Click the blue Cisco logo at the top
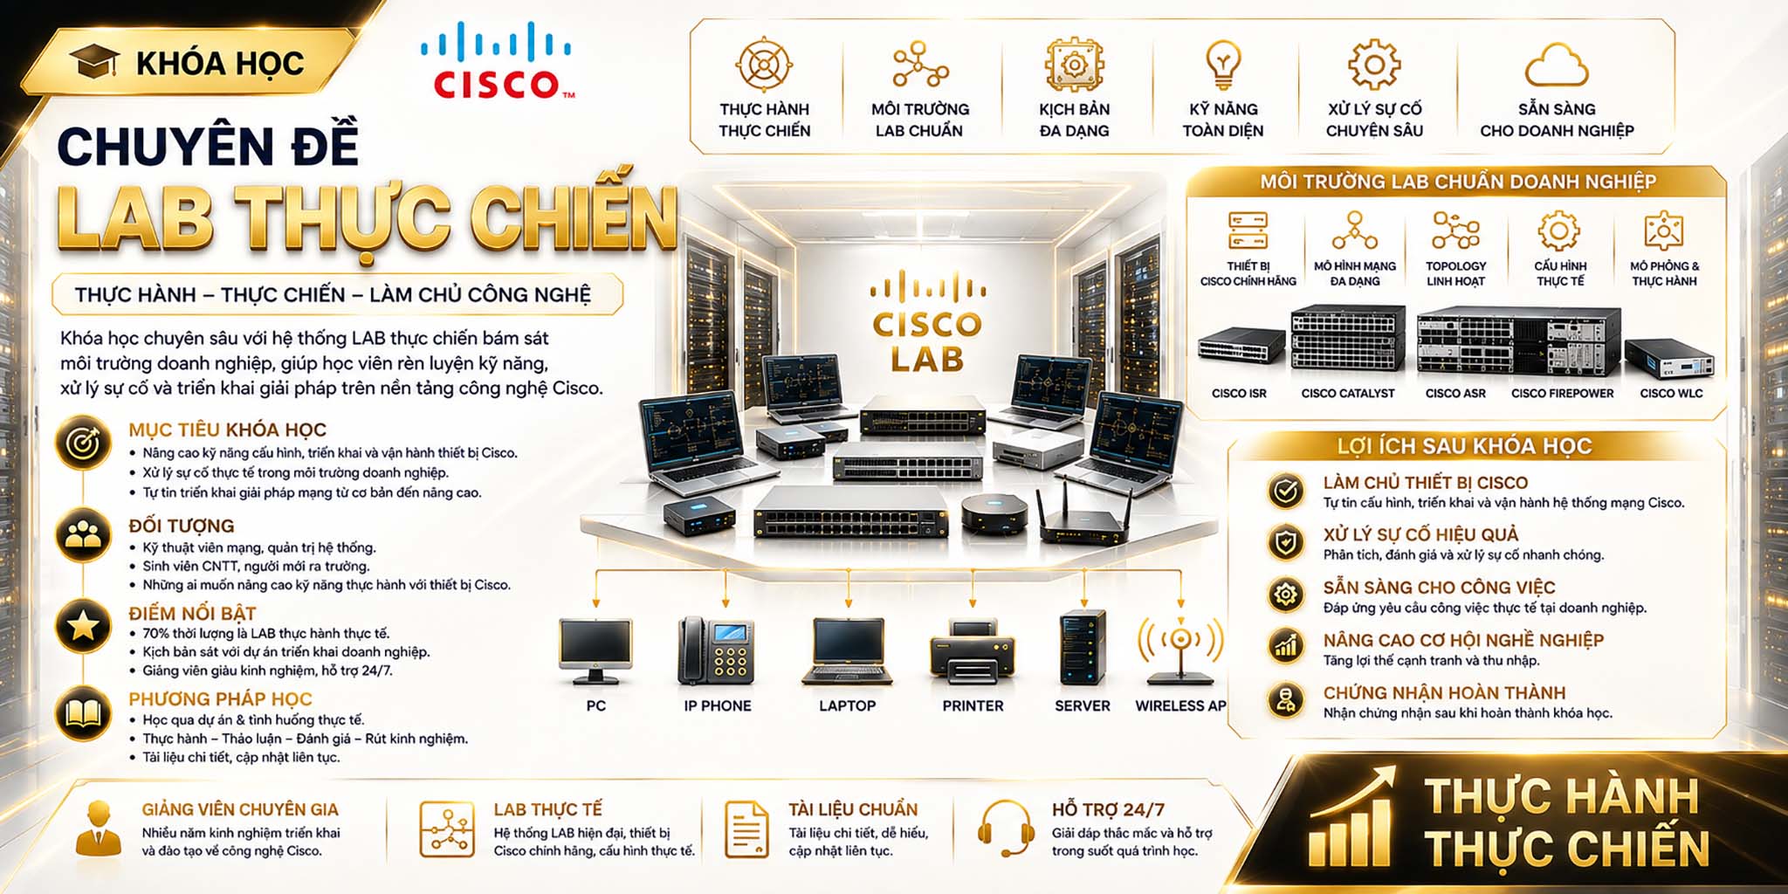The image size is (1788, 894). (497, 60)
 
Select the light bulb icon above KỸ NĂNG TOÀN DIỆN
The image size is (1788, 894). (1222, 64)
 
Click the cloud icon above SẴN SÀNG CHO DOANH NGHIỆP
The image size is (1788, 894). (1557, 65)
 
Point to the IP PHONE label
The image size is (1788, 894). (718, 705)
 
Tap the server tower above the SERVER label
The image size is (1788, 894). (1082, 648)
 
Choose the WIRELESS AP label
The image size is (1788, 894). (1180, 705)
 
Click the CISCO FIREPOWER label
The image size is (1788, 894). (1563, 394)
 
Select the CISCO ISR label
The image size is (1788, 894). (1239, 394)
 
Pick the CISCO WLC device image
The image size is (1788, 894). (1669, 358)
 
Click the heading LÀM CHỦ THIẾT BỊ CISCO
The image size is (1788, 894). (1426, 483)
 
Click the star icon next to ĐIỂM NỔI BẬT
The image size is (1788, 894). (83, 625)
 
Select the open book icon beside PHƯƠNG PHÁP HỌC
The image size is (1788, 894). (83, 713)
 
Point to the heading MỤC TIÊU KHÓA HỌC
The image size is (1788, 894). (227, 430)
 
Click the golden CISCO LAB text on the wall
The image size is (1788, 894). (927, 341)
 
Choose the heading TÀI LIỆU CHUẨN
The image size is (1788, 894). (853, 809)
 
